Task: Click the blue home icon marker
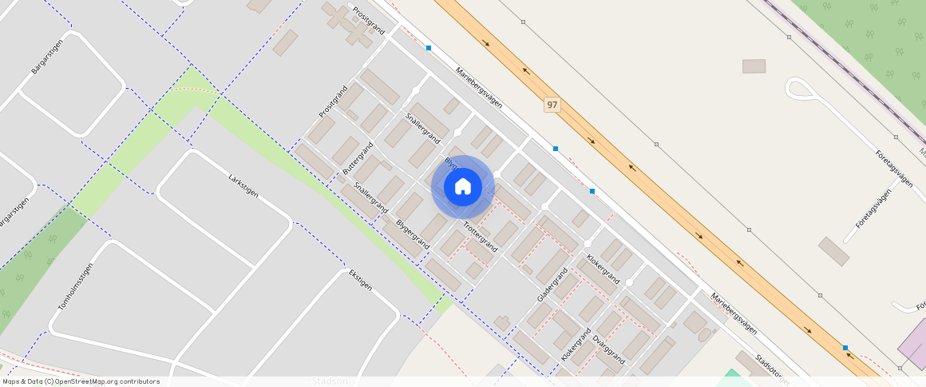pyautogui.click(x=462, y=187)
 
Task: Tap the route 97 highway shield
pyautogui.click(x=552, y=105)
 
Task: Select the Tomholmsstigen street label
pyautogui.click(x=76, y=287)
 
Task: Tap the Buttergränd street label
pyautogui.click(x=358, y=160)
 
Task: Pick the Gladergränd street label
pyautogui.click(x=552, y=285)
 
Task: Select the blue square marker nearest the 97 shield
pyautogui.click(x=556, y=149)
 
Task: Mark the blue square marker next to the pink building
pyautogui.click(x=845, y=347)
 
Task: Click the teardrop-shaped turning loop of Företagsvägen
pyautogui.click(x=798, y=88)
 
